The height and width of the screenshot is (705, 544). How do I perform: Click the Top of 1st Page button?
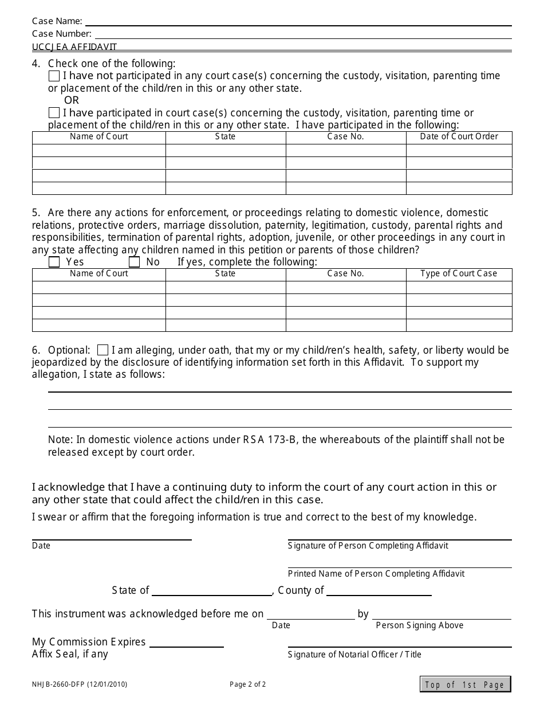[x=465, y=684]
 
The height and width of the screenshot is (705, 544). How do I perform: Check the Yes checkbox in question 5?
[x=54, y=262]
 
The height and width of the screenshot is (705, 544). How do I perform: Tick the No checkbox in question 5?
[x=135, y=262]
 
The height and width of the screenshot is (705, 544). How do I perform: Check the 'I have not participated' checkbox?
[x=54, y=76]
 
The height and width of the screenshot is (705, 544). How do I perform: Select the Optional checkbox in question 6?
[x=103, y=350]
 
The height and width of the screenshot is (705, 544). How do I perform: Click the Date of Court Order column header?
[x=459, y=137]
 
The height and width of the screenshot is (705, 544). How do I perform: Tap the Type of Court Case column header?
[x=459, y=274]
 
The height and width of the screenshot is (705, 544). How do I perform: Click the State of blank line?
[x=212, y=593]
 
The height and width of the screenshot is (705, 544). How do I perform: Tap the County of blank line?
[x=379, y=593]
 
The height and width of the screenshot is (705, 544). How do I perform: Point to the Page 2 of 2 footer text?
[x=247, y=684]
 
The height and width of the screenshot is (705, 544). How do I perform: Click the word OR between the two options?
[x=72, y=101]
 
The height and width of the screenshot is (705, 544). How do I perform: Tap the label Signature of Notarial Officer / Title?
[x=354, y=655]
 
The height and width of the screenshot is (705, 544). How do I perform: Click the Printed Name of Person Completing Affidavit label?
[x=376, y=574]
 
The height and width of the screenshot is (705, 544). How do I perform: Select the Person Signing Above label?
[x=419, y=625]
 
